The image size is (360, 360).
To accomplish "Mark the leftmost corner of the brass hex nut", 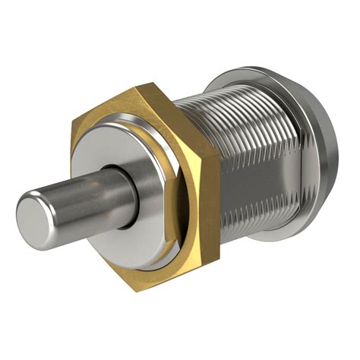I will tap(71, 125).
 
